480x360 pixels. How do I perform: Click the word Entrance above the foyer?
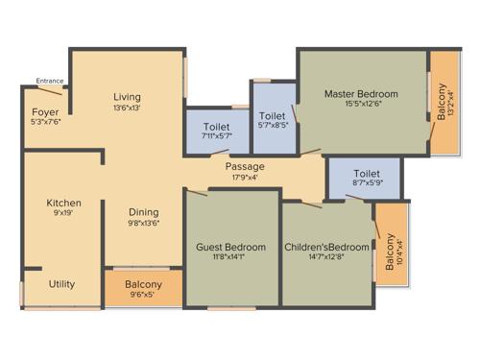49,81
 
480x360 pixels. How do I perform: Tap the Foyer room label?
44,112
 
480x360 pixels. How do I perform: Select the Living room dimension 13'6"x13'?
127,108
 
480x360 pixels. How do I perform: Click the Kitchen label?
64,203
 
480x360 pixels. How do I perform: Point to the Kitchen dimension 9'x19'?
64,213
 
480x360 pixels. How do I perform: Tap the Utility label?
62,283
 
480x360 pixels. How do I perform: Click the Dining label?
144,212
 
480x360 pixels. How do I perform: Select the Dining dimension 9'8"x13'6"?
144,223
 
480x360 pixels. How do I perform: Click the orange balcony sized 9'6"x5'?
143,289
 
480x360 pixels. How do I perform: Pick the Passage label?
247,166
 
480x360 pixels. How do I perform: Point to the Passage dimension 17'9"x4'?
247,177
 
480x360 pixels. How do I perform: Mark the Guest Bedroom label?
230,247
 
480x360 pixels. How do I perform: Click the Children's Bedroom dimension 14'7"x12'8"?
326,257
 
